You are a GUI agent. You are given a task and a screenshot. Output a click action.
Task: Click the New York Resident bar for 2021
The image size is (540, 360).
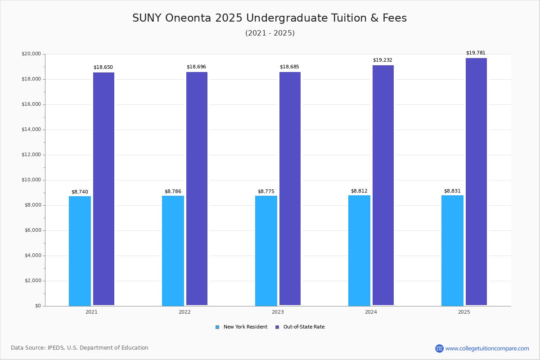pos(80,251)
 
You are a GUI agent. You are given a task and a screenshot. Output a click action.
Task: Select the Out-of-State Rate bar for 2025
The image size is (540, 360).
pos(476,182)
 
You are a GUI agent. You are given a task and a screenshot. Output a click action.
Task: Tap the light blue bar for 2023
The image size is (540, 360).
pos(266,251)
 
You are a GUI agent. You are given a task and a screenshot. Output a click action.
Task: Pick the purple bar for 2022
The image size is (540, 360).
pos(197,189)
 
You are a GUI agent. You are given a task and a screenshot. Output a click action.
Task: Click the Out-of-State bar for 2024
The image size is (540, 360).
pos(383,185)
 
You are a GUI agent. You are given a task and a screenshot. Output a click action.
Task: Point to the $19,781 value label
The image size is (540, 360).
pos(476,53)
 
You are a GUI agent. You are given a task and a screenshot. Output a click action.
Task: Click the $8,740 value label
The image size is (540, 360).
pos(80,192)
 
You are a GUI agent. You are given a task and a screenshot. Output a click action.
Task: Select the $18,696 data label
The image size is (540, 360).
pos(196,67)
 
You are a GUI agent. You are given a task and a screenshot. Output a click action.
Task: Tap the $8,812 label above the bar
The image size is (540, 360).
pos(359,191)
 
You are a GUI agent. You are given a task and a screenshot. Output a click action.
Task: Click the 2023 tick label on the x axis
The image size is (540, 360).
pos(278,312)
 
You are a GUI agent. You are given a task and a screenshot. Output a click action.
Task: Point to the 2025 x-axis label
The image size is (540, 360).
pos(464,312)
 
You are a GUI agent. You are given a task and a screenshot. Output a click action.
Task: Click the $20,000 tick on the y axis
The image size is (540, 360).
pos(31,54)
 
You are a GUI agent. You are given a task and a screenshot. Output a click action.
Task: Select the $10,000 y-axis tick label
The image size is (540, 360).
pos(31,180)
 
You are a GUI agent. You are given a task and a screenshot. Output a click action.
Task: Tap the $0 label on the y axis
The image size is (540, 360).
pos(38,306)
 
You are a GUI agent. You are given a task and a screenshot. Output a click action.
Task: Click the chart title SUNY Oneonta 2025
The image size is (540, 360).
pos(270,18)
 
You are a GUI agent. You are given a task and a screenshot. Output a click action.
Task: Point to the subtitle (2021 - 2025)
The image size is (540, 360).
pos(270,33)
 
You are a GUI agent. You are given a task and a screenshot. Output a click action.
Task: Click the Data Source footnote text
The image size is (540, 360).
pos(80,348)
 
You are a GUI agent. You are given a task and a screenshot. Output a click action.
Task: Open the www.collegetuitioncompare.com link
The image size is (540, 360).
pos(487,348)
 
